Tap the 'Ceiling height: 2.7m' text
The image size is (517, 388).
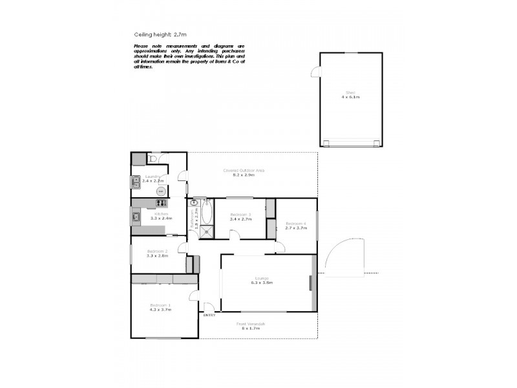click(159, 35)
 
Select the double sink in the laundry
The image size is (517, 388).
click(136, 182)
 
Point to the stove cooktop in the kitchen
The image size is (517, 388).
click(159, 204)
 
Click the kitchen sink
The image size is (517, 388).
click(136, 217)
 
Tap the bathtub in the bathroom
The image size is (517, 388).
click(207, 211)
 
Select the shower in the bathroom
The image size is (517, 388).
click(207, 231)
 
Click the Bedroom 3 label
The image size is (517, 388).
click(240, 214)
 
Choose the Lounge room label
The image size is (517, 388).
click(262, 278)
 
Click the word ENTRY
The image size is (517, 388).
click(209, 315)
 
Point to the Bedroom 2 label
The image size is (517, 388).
click(157, 251)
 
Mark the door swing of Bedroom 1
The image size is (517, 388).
click(193, 296)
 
